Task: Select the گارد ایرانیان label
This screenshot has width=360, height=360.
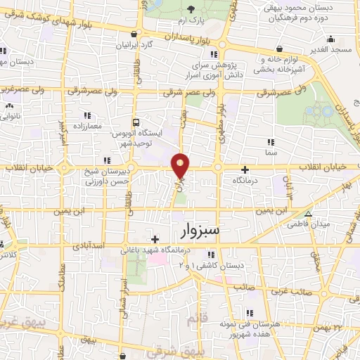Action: [x=136, y=44]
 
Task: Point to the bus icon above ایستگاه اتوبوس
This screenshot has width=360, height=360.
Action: [x=136, y=121]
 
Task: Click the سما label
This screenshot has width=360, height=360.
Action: [x=271, y=151]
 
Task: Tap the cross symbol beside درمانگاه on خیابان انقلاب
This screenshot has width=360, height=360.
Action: [x=245, y=169]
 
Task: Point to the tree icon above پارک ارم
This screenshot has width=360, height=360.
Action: [x=193, y=8]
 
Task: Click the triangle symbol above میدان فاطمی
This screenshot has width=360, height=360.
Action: [x=308, y=214]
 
